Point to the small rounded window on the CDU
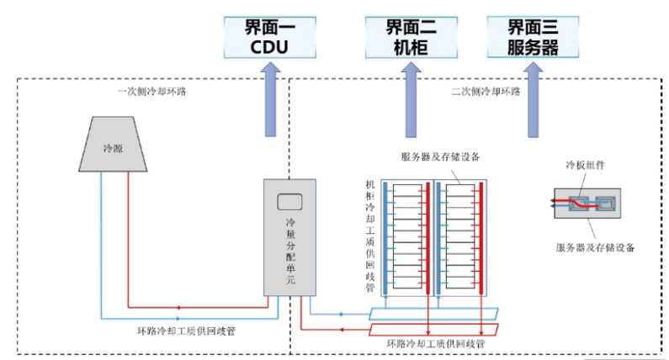click(x=289, y=202)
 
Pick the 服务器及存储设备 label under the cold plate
click(x=595, y=247)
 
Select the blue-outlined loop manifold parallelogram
click(x=434, y=314)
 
